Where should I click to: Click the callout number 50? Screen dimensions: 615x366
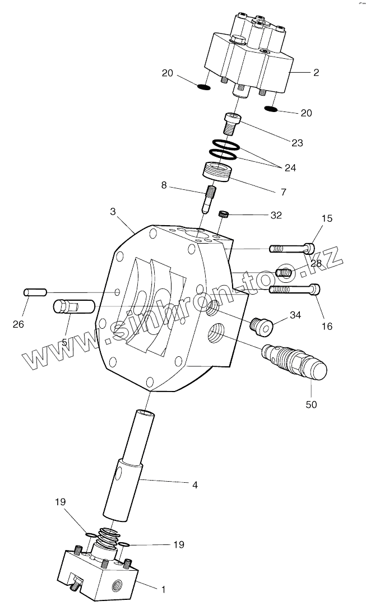311,404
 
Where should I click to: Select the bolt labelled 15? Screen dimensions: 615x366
292,247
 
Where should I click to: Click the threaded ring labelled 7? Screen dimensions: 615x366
217,171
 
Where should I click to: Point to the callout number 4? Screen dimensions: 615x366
194,484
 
